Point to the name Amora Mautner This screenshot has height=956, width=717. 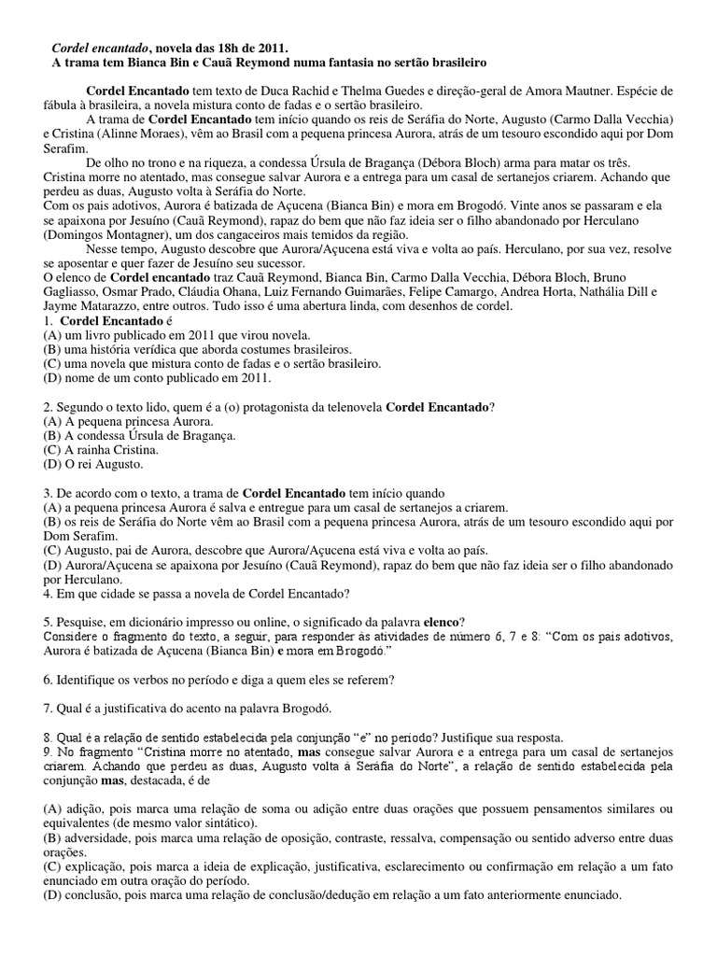point(597,91)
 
